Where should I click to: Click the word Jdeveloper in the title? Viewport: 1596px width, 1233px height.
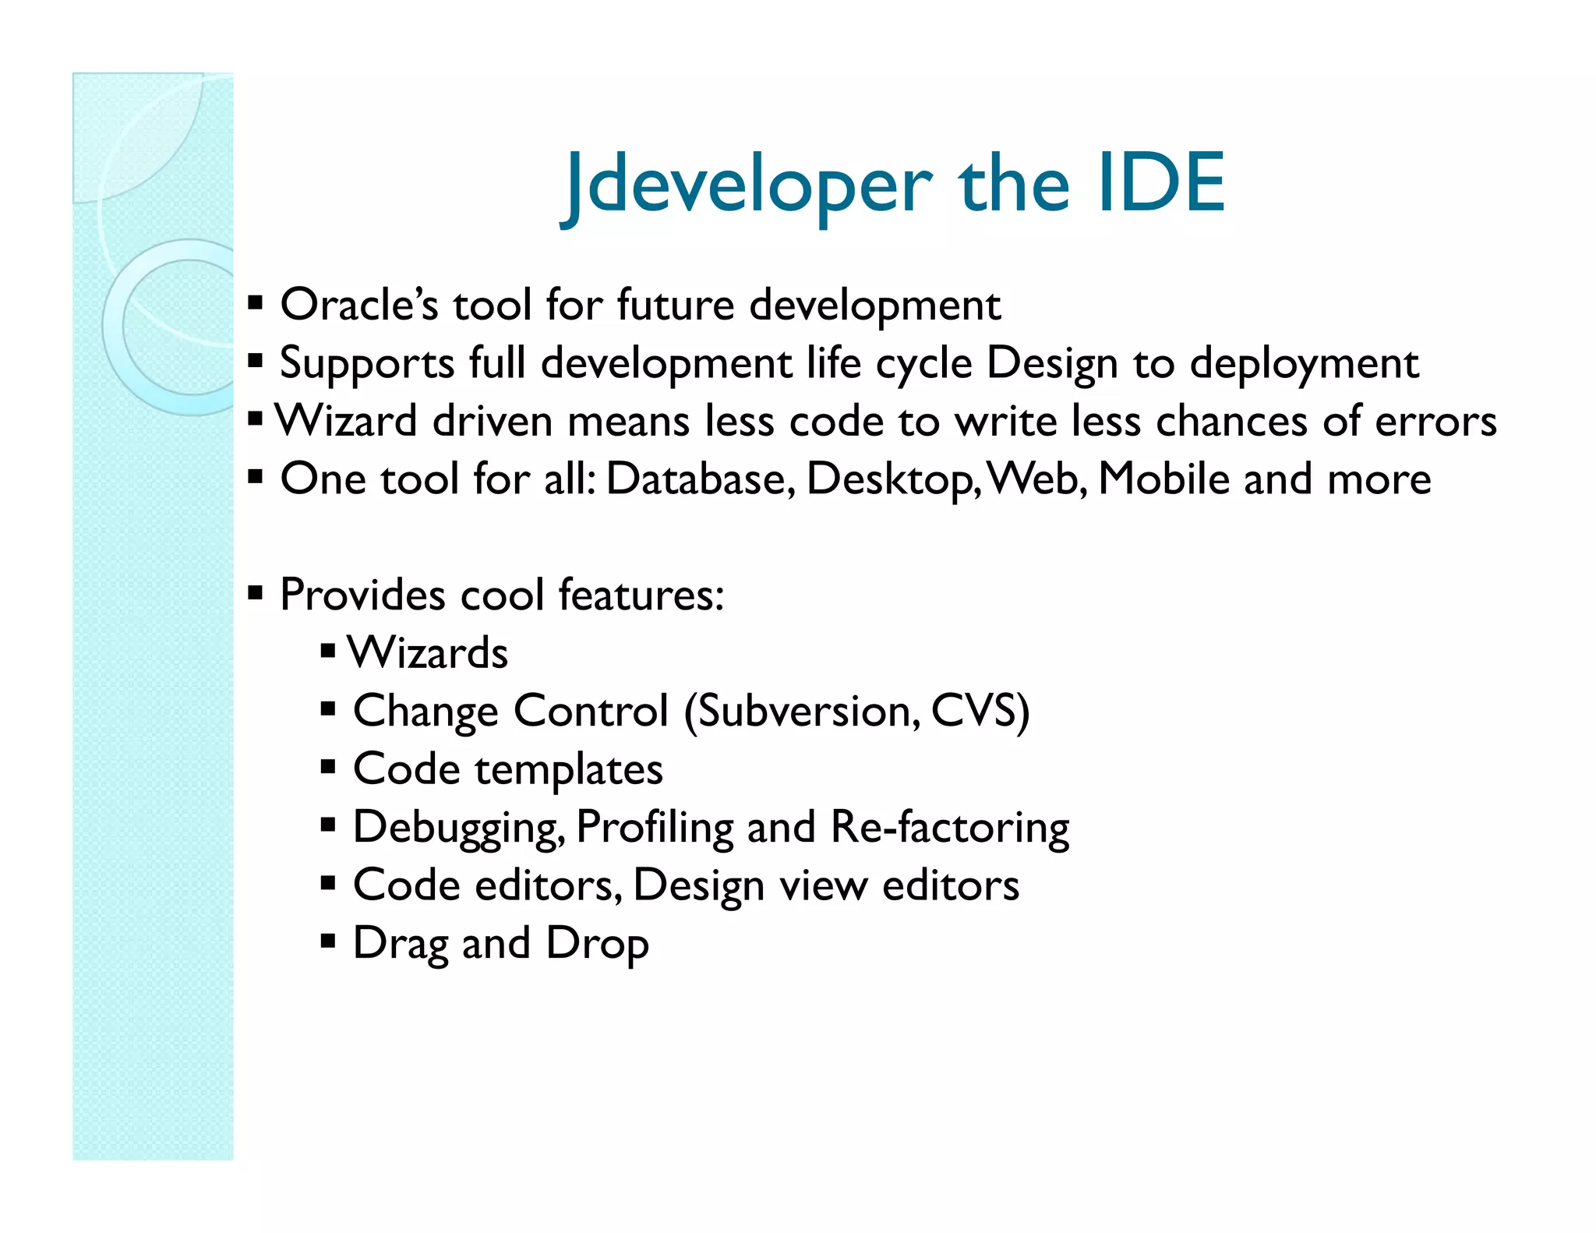pos(747,185)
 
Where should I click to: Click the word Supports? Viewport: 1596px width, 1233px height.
pos(367,363)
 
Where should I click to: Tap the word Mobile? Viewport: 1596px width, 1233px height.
pos(1163,479)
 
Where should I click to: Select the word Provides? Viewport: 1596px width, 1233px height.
pos(362,595)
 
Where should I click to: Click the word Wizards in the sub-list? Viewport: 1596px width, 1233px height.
pos(428,652)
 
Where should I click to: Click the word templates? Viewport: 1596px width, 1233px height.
pos(569,769)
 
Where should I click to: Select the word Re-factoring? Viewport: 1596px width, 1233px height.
pos(950,826)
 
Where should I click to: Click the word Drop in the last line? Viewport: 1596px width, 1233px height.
pos(597,944)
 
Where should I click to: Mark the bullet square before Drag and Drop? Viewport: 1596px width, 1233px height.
pos(328,942)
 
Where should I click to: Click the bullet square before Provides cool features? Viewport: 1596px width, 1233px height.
pos(255,593)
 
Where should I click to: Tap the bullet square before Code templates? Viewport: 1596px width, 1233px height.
pos(328,767)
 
